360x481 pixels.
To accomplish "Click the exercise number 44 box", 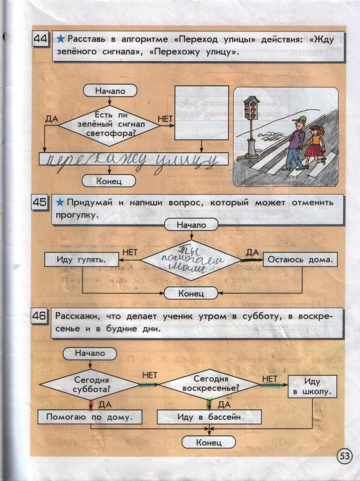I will coord(41,39).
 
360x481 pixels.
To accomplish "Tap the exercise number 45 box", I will coord(40,202).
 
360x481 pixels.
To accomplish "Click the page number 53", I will coord(344,456).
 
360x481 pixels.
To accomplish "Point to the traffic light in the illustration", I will coord(251,108).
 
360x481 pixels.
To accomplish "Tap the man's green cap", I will coord(299,120).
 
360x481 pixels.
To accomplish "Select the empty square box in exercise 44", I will coord(201,112).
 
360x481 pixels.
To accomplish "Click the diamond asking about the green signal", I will coord(109,125).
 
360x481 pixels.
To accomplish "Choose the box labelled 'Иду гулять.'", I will coord(82,259).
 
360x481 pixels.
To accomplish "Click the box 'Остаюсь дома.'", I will coord(300,259).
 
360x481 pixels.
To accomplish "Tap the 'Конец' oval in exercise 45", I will coord(191,293).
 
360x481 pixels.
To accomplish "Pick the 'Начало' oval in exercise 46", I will coord(90,353).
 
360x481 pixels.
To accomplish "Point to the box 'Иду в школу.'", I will coord(312,386).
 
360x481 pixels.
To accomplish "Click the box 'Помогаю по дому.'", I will coord(90,417).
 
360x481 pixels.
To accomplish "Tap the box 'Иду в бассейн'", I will coord(209,417).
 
